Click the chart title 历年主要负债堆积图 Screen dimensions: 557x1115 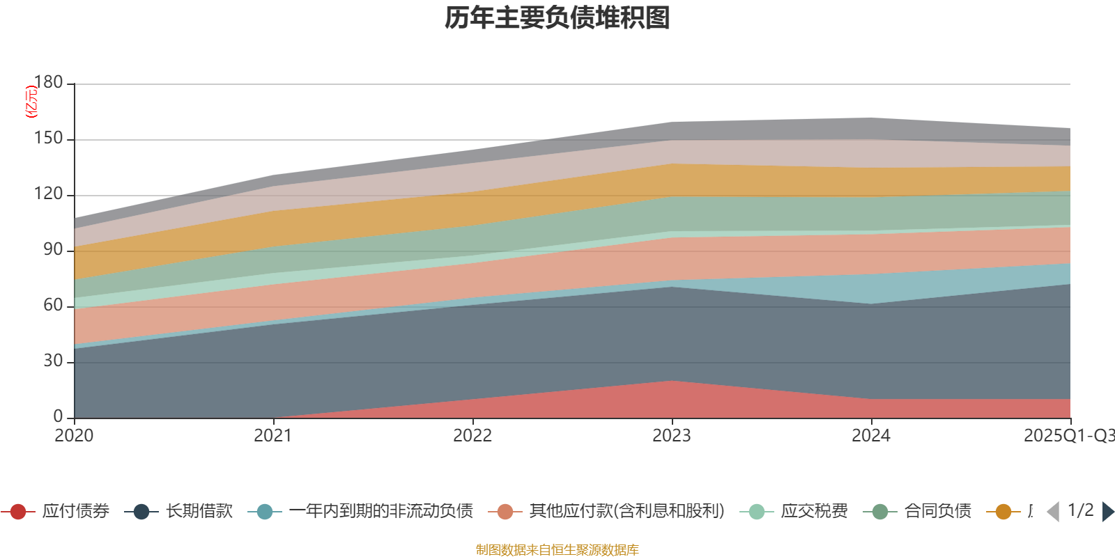pyautogui.click(x=557, y=18)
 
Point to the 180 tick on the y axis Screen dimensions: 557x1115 pyautogui.click(x=48, y=82)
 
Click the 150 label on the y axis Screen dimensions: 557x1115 pyautogui.click(x=48, y=139)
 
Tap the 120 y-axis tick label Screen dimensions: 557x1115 pyautogui.click(x=48, y=194)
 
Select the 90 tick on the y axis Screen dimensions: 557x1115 pyautogui.click(x=53, y=250)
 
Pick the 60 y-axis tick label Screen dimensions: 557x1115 pyautogui.click(x=53, y=306)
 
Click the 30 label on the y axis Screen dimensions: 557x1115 pyautogui.click(x=53, y=361)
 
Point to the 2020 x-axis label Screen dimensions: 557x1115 pyautogui.click(x=74, y=436)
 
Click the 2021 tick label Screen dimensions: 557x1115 pyautogui.click(x=273, y=436)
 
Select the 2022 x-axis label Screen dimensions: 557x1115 pyautogui.click(x=472, y=436)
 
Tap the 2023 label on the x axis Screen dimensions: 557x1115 pyautogui.click(x=672, y=436)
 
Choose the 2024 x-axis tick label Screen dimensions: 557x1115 pyautogui.click(x=871, y=436)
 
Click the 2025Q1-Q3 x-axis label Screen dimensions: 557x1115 pyautogui.click(x=1068, y=436)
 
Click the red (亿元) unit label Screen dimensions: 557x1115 pyautogui.click(x=31, y=102)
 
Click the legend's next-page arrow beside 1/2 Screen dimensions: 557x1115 pyautogui.click(x=1107, y=512)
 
